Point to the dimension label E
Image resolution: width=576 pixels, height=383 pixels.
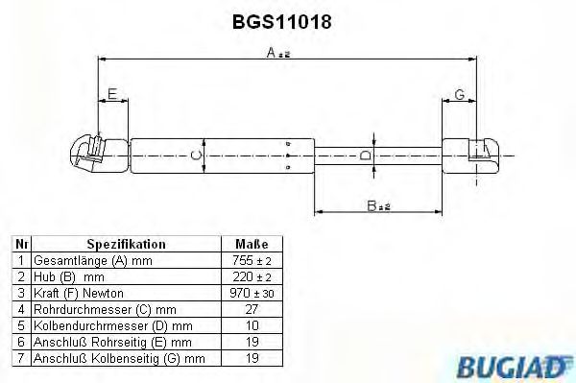point(112,93)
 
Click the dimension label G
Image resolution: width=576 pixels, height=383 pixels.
point(459,93)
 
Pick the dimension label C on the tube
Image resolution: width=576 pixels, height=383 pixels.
point(194,155)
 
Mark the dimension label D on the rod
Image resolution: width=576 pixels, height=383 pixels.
point(365,156)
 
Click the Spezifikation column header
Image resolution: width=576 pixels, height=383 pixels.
point(127,245)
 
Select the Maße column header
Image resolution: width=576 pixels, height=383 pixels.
point(252,245)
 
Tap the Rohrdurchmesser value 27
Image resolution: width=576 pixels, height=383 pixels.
point(252,308)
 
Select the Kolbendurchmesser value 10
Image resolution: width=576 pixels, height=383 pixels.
point(252,324)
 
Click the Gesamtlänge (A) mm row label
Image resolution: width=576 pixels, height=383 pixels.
point(92,261)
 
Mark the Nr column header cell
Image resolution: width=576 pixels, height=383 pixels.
point(20,245)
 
